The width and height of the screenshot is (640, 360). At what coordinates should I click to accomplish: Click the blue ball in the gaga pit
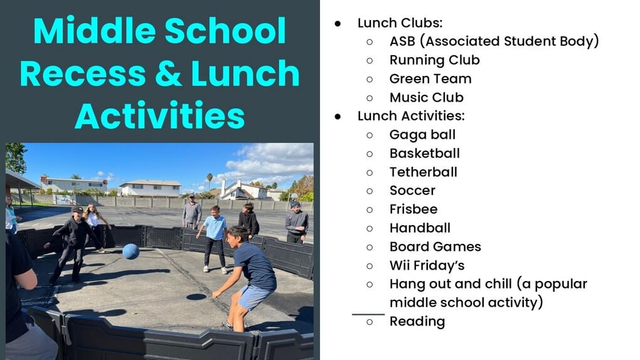coord(131,251)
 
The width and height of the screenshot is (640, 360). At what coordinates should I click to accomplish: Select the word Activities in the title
coord(159,116)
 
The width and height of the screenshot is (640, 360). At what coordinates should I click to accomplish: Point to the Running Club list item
coord(434,60)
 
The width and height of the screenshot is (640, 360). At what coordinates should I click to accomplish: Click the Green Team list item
coord(430,79)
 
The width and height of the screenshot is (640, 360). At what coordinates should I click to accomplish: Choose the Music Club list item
coord(427,98)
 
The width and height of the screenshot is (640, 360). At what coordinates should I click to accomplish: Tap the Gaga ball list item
coord(422,135)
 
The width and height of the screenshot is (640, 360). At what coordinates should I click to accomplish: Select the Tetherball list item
coord(424,172)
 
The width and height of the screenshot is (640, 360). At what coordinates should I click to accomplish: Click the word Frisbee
coord(413,209)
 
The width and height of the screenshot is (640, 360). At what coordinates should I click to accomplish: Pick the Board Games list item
coord(435,247)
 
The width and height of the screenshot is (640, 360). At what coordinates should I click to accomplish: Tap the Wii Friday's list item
coord(427,266)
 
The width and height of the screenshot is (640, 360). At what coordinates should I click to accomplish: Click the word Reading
coord(417,322)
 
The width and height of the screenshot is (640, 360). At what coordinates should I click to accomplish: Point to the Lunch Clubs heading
coord(400,23)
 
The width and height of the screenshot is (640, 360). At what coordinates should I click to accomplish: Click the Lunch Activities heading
coord(411,116)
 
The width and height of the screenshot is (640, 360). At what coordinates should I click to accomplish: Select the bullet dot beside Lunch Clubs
coord(338,24)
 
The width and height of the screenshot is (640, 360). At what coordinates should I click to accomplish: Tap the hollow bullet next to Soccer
coord(370,191)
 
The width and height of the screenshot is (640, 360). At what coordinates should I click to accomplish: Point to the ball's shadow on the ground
coord(196,297)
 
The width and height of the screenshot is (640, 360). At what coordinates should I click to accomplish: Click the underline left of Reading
coord(368,314)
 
